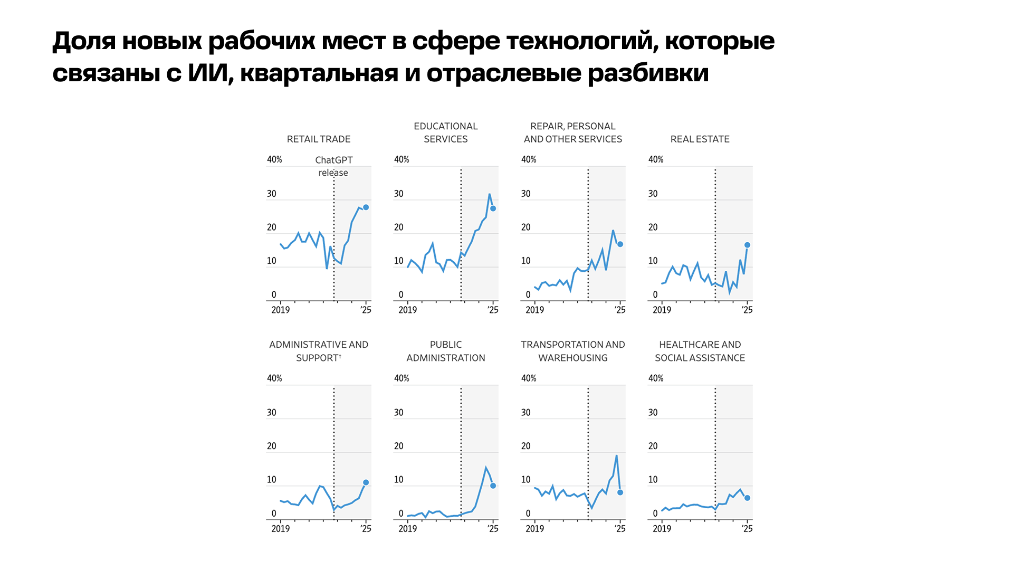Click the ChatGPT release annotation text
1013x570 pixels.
pyautogui.click(x=333, y=166)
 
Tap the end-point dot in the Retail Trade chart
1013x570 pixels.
pyautogui.click(x=366, y=207)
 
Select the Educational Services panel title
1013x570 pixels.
pyautogui.click(x=446, y=132)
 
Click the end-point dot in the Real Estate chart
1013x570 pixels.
pyautogui.click(x=747, y=245)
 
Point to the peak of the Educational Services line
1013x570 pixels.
pyautogui.click(x=490, y=194)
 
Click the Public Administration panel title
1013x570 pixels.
pyautogui.click(x=446, y=351)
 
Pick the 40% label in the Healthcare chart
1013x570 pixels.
pyautogui.click(x=656, y=378)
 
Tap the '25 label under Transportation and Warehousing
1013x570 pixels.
pyautogui.click(x=620, y=528)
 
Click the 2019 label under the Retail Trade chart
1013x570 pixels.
pyautogui.click(x=280, y=310)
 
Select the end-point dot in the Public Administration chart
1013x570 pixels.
pyautogui.click(x=493, y=486)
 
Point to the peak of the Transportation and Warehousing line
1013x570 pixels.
pyautogui.click(x=616, y=455)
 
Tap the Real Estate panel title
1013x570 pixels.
pyautogui.click(x=700, y=139)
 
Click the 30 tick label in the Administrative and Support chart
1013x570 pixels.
pyautogui.click(x=271, y=412)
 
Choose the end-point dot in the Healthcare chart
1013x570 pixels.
pyautogui.click(x=747, y=498)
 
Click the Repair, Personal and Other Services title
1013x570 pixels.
pyautogui.click(x=573, y=132)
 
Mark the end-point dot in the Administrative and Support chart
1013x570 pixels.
pyautogui.click(x=366, y=482)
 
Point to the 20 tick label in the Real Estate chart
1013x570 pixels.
pyautogui.click(x=653, y=227)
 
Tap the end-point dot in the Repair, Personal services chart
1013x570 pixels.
pyautogui.click(x=620, y=244)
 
